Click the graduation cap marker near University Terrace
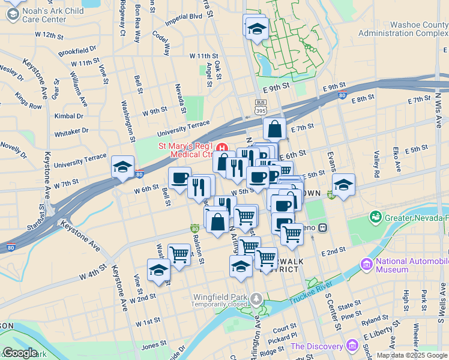[122, 167]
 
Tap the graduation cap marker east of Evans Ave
[343, 185]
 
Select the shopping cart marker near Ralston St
[179, 254]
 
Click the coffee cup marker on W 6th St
[179, 178]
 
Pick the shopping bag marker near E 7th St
[274, 128]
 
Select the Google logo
[20, 353]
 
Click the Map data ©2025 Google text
[411, 355]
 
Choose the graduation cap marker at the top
[256, 28]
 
